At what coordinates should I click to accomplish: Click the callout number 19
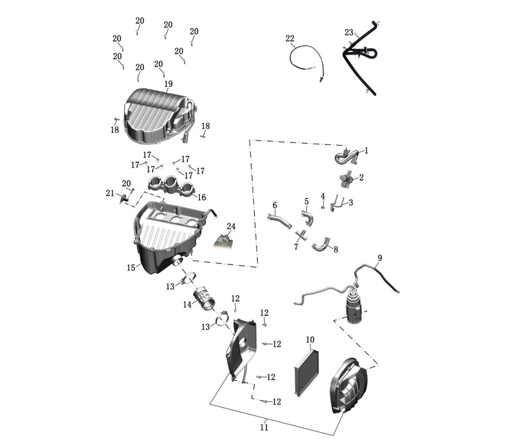coord(168,83)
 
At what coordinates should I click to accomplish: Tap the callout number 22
coord(290,39)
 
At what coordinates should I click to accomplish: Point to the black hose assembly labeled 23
coord(360,58)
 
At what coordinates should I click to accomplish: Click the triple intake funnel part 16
coord(170,186)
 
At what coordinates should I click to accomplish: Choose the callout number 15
coord(131,268)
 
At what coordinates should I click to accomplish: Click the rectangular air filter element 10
coord(307,372)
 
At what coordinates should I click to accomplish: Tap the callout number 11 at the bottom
coord(264,427)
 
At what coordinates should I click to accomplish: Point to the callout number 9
coord(380,258)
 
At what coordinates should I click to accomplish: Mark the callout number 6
coord(274,205)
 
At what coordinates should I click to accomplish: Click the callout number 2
coord(361,177)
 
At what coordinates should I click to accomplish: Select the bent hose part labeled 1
coord(345,157)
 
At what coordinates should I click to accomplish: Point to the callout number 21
coord(110,193)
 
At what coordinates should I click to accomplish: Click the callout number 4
coord(323,196)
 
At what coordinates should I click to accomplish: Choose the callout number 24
coord(231,227)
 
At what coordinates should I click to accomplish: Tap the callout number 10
coord(310,340)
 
